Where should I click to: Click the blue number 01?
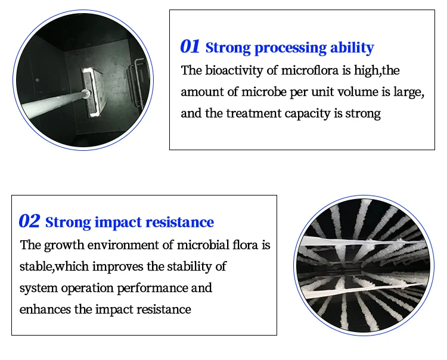click(x=190, y=46)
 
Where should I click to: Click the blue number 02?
click(x=29, y=221)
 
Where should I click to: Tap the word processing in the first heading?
click(x=290, y=48)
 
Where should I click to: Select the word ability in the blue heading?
click(x=352, y=48)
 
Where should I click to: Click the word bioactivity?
click(x=234, y=71)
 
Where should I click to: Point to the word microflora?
click(x=310, y=70)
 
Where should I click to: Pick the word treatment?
click(x=254, y=113)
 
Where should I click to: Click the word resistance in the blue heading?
click(x=179, y=222)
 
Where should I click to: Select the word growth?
click(x=64, y=246)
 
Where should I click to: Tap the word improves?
click(x=118, y=267)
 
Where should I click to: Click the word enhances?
click(x=45, y=309)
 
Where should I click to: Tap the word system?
click(x=39, y=288)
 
